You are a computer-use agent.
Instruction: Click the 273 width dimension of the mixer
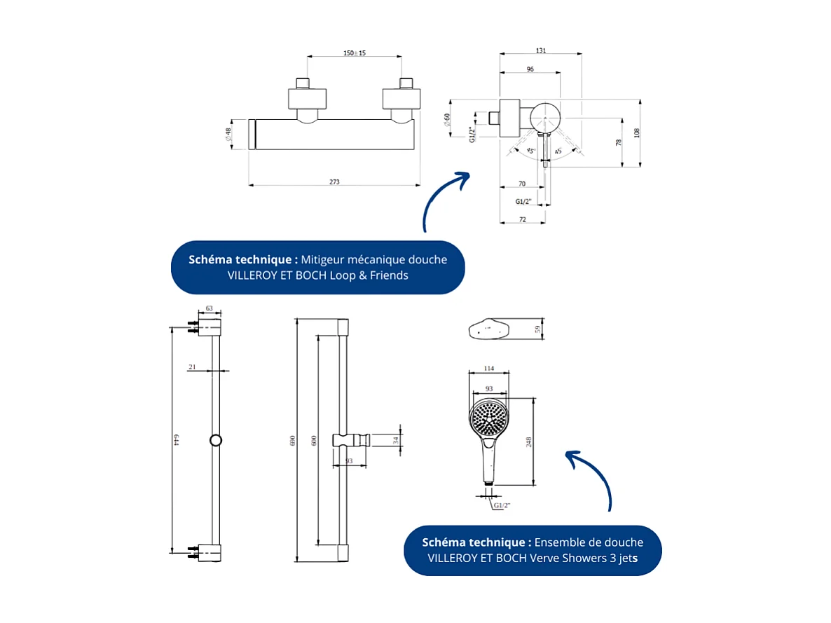click(x=334, y=182)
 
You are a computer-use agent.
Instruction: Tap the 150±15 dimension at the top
click(x=355, y=53)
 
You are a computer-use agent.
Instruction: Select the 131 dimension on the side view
click(x=540, y=50)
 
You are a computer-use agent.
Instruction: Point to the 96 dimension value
click(x=530, y=69)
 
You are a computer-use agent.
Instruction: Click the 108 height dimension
click(x=637, y=132)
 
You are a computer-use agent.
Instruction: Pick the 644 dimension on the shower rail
click(x=177, y=439)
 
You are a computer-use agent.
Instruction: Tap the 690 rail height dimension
click(x=294, y=439)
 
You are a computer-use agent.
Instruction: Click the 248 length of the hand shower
click(x=529, y=441)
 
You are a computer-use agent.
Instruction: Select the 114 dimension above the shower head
click(x=489, y=369)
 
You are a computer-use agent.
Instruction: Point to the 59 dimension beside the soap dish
click(x=538, y=329)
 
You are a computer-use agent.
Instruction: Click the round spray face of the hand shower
click(x=488, y=418)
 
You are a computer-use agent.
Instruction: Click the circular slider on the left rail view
click(x=216, y=440)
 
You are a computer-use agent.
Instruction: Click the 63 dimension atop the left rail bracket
click(x=209, y=308)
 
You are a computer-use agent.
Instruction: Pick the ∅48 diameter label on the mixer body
click(x=228, y=134)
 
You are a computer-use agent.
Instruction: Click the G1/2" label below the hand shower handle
click(x=502, y=505)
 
